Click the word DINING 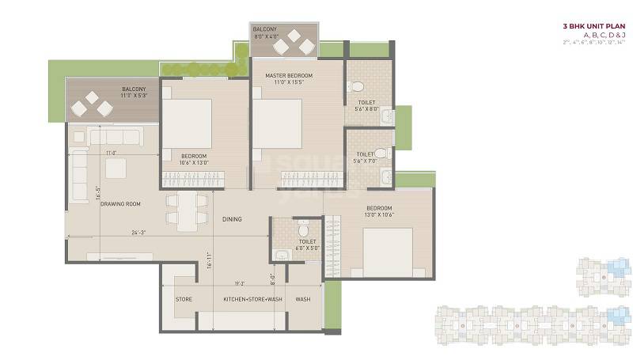[x=232, y=219]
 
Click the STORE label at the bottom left [x=184, y=300]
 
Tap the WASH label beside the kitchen [x=302, y=300]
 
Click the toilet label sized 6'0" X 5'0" [x=308, y=244]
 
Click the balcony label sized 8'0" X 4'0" [x=266, y=32]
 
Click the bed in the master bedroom [x=276, y=123]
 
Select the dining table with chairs [x=187, y=210]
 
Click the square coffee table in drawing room [x=116, y=168]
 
